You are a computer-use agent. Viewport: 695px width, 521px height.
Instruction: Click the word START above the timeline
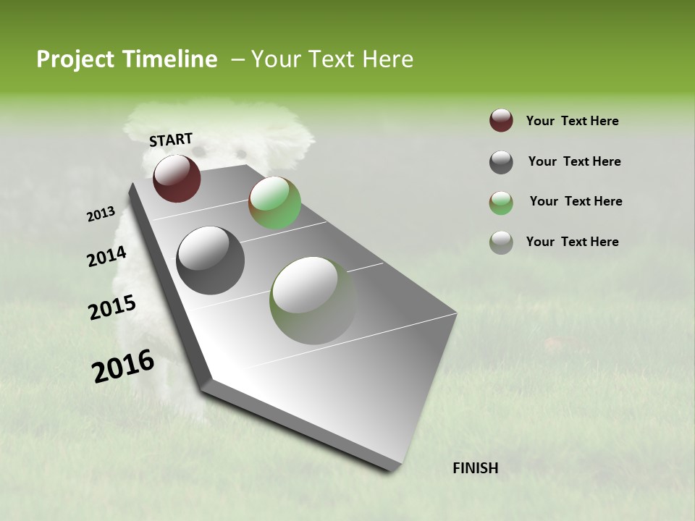(171, 140)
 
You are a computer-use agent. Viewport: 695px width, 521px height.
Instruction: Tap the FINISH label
(475, 468)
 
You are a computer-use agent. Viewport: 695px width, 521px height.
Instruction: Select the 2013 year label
(101, 214)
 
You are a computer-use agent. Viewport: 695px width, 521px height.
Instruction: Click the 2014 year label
(106, 257)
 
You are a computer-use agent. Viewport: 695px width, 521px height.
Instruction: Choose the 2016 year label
(123, 366)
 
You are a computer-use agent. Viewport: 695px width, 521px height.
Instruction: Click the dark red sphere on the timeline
(177, 178)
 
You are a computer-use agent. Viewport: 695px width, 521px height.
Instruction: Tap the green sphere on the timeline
(274, 203)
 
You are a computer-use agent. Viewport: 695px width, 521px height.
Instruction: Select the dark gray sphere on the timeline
(210, 260)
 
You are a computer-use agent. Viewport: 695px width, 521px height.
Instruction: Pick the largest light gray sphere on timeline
(313, 300)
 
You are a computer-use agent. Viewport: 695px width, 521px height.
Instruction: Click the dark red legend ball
(501, 121)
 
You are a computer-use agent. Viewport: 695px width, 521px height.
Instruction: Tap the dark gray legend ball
(501, 162)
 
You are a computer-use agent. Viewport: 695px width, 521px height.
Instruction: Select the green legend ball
(501, 202)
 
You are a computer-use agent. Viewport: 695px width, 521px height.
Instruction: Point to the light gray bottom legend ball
(501, 242)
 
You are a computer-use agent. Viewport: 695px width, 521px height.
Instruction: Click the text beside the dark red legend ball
(572, 122)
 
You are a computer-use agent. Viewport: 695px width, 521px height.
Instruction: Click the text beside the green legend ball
(576, 201)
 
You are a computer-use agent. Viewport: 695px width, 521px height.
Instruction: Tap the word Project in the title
(75, 59)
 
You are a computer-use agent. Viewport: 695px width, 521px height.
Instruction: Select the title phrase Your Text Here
(332, 59)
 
